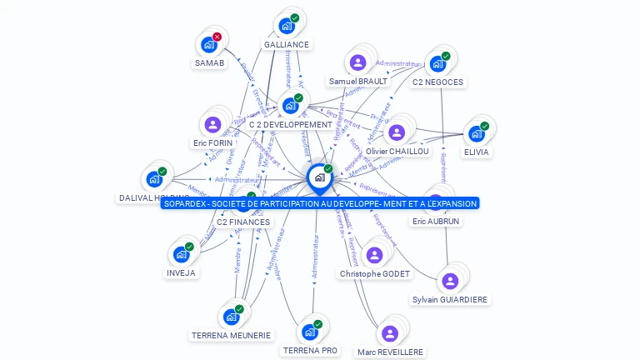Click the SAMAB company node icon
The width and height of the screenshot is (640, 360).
tap(207, 45)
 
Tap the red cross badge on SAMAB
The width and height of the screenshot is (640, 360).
tap(217, 37)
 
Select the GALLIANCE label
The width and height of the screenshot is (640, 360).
tap(286, 45)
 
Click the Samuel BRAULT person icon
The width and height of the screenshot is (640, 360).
tap(357, 62)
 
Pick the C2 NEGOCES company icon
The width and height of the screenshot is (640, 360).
tap(436, 64)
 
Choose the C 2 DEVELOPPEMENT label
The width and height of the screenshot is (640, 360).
tap(290, 125)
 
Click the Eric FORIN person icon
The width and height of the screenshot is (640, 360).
tap(212, 125)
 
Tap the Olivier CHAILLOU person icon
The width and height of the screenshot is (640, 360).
tap(397, 132)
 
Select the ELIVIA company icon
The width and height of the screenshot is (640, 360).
tap(476, 133)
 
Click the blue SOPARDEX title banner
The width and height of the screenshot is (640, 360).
tap(320, 203)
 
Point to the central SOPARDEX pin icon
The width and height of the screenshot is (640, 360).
tap(319, 177)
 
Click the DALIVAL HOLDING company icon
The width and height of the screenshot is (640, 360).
tap(154, 179)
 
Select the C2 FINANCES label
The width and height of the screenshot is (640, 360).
tap(242, 222)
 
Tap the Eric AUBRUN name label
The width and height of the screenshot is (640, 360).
tap(435, 222)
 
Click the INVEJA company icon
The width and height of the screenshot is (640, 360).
tap(181, 255)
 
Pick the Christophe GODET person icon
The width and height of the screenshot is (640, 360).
tap(374, 255)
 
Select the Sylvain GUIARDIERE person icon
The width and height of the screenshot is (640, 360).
tap(450, 282)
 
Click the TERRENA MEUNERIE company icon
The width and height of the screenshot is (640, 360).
tap(230, 317)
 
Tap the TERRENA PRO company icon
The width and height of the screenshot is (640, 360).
tap(309, 332)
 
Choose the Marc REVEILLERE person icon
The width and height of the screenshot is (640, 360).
tap(389, 333)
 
